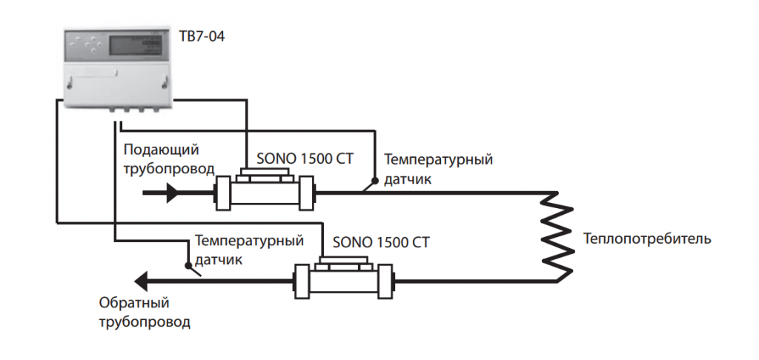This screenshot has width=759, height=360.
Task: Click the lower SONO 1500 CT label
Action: (x=381, y=242)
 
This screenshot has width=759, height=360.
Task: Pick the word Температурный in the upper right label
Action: (x=438, y=159)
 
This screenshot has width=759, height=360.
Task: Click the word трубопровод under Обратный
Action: (x=144, y=322)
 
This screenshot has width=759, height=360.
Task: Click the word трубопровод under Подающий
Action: (x=169, y=169)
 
